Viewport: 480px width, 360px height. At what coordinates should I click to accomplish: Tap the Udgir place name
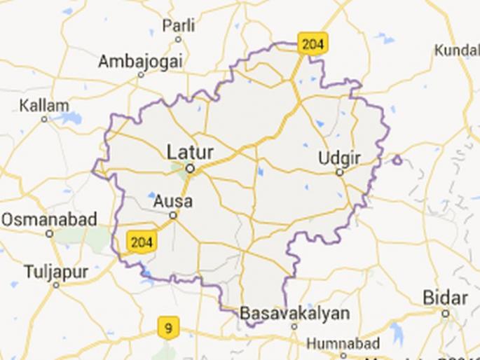point(338,158)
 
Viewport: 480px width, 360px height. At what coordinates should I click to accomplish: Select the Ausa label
point(172,202)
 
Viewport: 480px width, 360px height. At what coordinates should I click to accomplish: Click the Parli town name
point(179,26)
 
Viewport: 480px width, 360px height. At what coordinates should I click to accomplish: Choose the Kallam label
point(44,106)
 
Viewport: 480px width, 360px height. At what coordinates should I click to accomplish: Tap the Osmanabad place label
point(48,219)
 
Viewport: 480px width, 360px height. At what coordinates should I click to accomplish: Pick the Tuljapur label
point(55,271)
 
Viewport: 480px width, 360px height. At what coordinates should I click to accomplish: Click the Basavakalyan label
point(294,312)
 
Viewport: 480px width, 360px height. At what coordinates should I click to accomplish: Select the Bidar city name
point(445,298)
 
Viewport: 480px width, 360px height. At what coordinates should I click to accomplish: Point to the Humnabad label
point(343,344)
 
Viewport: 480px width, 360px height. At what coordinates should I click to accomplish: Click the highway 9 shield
point(167,326)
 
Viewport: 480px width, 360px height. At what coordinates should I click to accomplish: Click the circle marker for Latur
point(189,168)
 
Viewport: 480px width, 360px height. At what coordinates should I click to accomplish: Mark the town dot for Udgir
point(339,172)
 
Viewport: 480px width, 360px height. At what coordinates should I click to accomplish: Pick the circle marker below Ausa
point(172,215)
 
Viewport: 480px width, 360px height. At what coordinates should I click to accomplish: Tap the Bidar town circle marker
point(446,312)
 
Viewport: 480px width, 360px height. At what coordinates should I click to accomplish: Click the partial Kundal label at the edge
point(457,50)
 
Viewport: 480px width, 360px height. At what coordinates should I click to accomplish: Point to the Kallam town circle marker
point(44,119)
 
